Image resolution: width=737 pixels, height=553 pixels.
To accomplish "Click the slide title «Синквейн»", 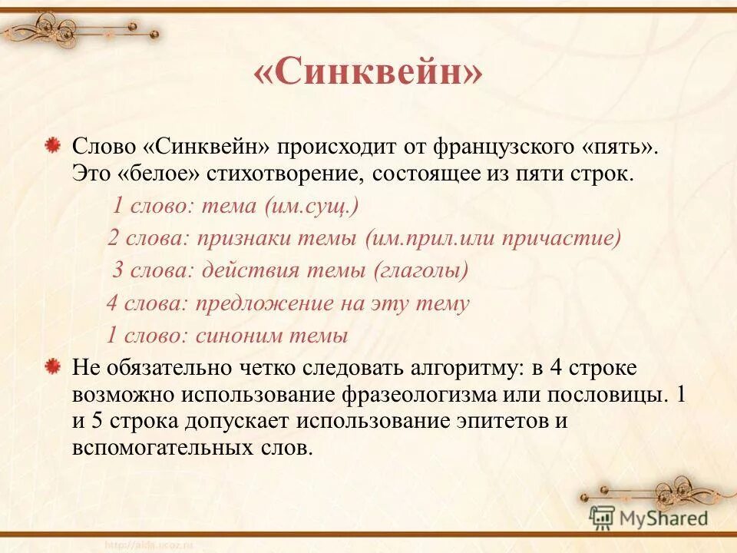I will pyautogui.click(x=368, y=74).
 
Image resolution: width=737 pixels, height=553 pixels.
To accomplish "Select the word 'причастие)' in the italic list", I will pyautogui.click(x=561, y=238).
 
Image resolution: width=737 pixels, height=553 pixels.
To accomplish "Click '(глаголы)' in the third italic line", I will pyautogui.click(x=421, y=270).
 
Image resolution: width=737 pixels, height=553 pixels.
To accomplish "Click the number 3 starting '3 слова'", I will pyautogui.click(x=118, y=270).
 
